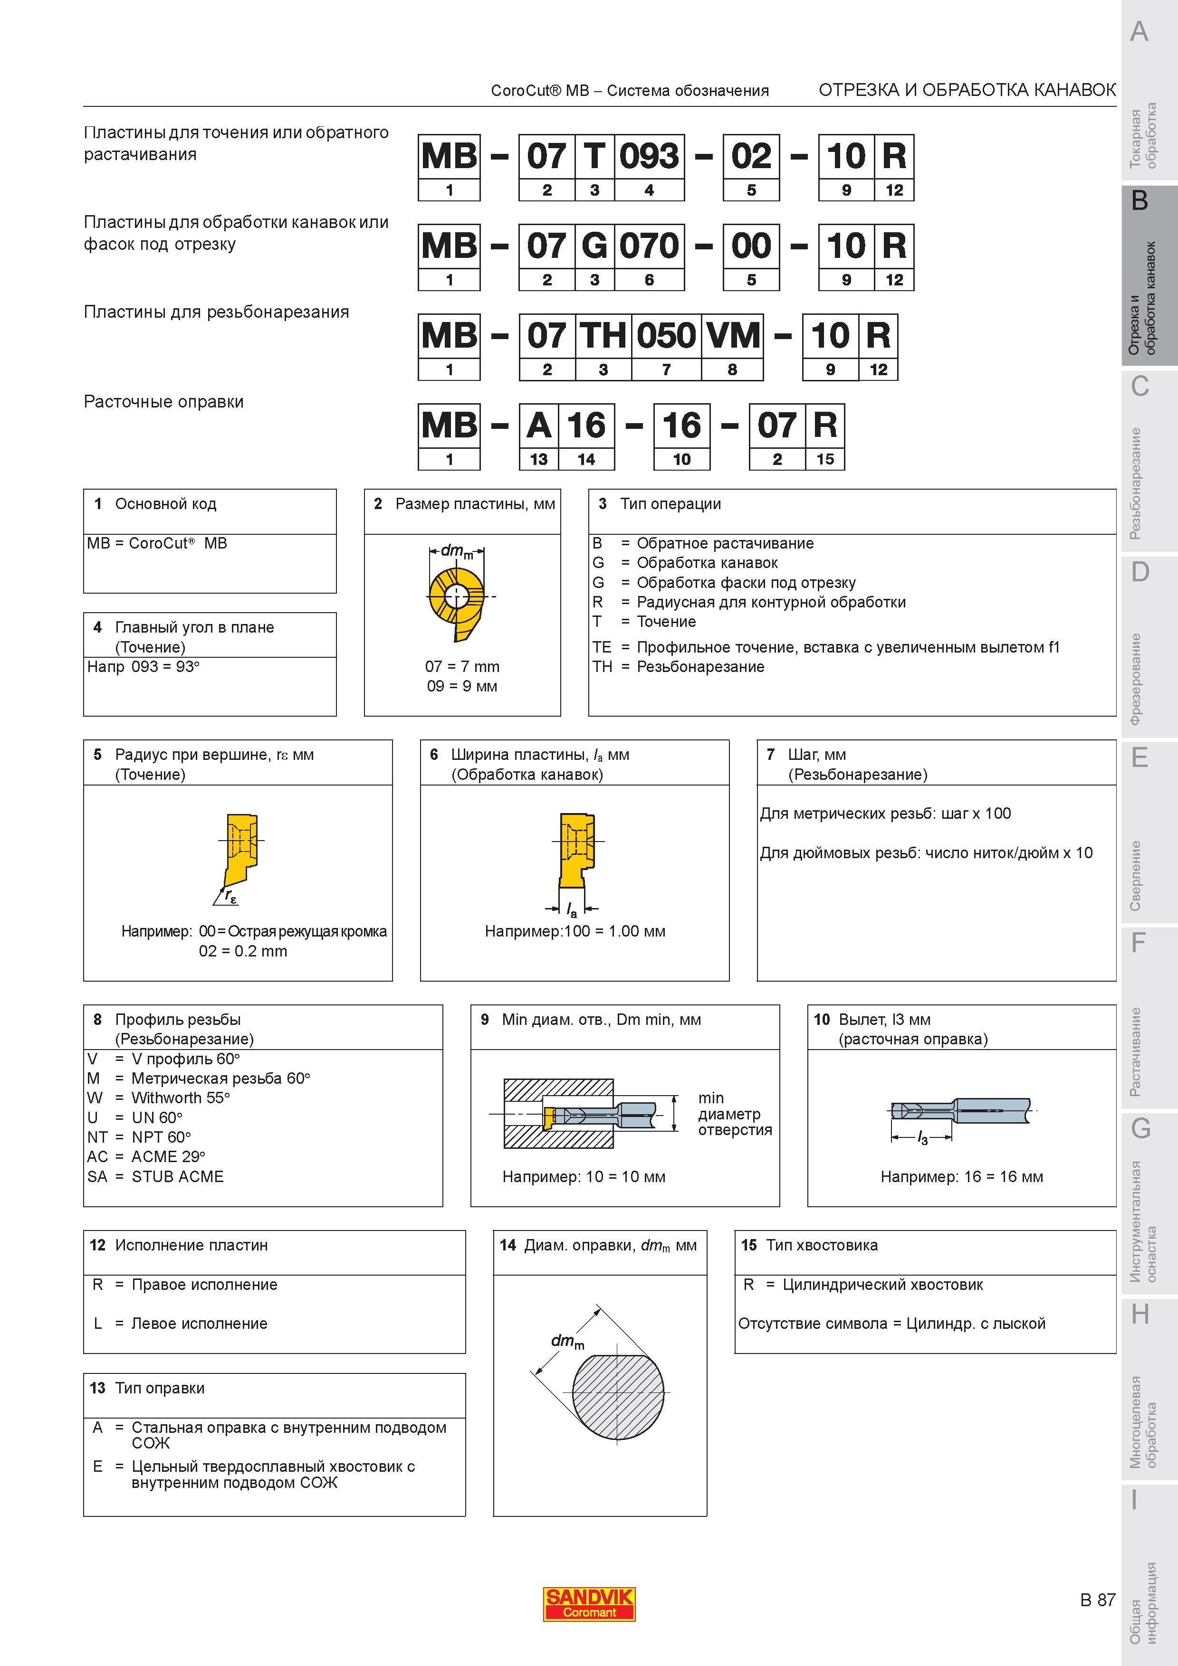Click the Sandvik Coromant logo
589,1604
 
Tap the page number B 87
1097,1600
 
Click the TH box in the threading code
603,335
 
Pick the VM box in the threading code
732,335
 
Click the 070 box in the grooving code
649,246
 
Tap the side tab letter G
1140,1129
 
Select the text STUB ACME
178,1176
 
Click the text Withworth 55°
181,1098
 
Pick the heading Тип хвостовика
822,1245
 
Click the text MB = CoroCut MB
157,543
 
